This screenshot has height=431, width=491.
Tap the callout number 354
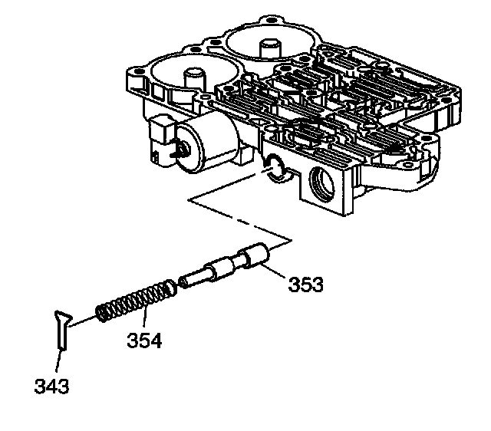click(x=145, y=339)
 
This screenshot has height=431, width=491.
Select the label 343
click(x=51, y=385)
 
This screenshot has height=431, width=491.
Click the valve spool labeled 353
click(x=225, y=265)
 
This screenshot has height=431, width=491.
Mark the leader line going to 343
click(x=60, y=360)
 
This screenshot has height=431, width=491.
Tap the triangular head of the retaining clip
click(x=62, y=316)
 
